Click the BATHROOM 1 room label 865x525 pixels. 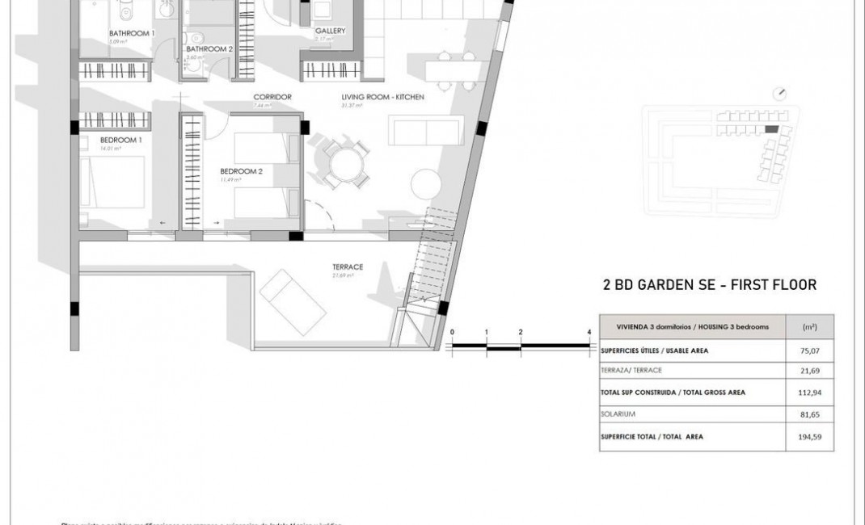pyautogui.click(x=132, y=32)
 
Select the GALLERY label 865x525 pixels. pyautogui.click(x=330, y=31)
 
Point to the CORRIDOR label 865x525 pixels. pyautogui.click(x=272, y=97)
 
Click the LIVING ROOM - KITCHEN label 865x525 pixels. pyautogui.click(x=382, y=97)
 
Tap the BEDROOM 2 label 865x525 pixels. pyautogui.click(x=242, y=171)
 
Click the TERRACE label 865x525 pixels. pyautogui.click(x=347, y=267)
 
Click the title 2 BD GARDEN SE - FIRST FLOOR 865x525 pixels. pyautogui.click(x=710, y=284)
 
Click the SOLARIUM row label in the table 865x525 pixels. pyautogui.click(x=619, y=414)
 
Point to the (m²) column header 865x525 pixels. pyautogui.click(x=809, y=327)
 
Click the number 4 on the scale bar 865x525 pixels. pyautogui.click(x=589, y=332)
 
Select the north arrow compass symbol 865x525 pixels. pyautogui.click(x=780, y=93)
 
